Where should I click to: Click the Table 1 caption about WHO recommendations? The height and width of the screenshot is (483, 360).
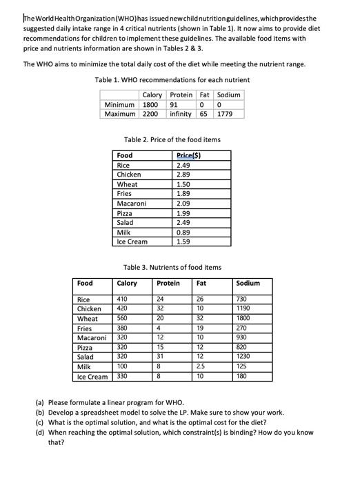tap(172, 80)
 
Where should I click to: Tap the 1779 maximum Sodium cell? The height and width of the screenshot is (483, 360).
tap(228, 113)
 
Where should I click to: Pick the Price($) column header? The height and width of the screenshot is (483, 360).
tap(188, 156)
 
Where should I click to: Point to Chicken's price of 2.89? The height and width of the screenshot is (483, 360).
tap(183, 175)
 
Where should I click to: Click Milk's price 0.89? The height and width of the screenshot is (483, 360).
tap(183, 233)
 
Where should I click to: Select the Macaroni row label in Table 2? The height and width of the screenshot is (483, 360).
tap(131, 204)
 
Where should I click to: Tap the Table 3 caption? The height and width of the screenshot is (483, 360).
tap(172, 267)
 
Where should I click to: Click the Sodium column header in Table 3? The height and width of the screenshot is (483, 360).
tap(248, 283)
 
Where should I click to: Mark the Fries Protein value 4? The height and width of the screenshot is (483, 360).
tap(159, 329)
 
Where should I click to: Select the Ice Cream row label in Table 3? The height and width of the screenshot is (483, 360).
tap(92, 377)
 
